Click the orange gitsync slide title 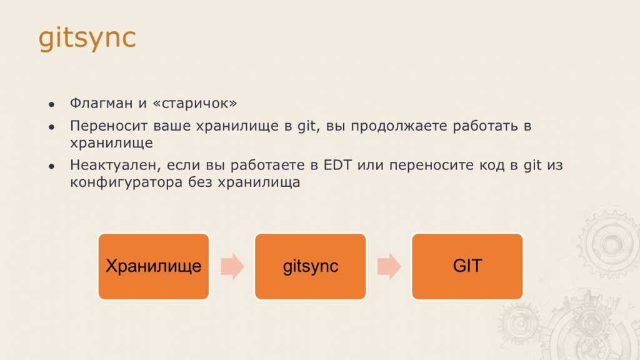tap(87, 38)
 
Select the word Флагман tap(101, 103)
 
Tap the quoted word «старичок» tap(194, 104)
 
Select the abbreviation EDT tap(337, 165)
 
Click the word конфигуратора tap(126, 182)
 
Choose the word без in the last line tap(200, 182)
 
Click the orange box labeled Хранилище tap(154, 266)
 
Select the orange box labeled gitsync tap(310, 266)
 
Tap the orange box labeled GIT tap(467, 266)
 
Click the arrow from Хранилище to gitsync tap(232, 266)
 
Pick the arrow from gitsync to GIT tap(389, 266)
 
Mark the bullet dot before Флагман tap(51, 105)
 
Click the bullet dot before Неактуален tap(51, 166)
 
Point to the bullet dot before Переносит tap(51, 127)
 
